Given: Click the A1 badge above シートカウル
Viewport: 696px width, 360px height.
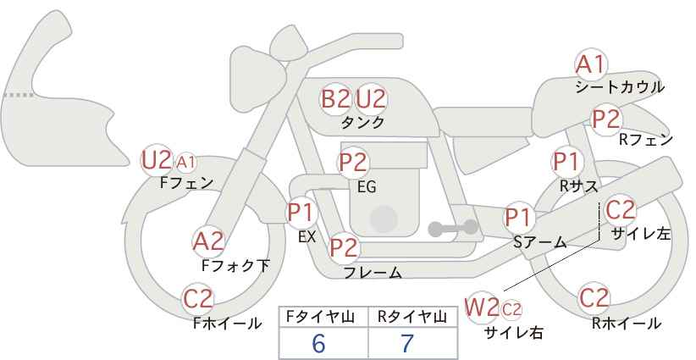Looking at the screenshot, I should (591, 64).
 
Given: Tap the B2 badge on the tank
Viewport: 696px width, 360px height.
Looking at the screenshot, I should (335, 99).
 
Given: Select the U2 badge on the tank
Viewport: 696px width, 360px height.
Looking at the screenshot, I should (371, 99).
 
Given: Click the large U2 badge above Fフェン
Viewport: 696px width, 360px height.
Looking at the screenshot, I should (157, 159).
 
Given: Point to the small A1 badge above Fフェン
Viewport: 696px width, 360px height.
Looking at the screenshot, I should (186, 161).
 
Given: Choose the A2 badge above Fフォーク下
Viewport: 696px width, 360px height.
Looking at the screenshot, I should (208, 241).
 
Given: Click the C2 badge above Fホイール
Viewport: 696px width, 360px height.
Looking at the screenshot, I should (199, 299).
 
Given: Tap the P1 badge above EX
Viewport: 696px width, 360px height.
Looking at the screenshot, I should (301, 211).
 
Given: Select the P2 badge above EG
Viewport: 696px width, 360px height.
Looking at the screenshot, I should (353, 162).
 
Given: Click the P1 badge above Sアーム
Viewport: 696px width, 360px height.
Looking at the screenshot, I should (518, 217).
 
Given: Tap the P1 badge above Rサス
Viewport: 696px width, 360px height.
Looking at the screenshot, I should (566, 160).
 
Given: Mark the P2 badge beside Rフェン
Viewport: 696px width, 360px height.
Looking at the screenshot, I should (606, 119).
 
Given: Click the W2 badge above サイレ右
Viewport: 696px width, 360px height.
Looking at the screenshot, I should (483, 307).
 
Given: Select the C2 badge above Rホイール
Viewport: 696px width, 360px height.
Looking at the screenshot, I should (594, 298).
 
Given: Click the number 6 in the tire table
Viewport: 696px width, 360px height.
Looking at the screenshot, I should (318, 343).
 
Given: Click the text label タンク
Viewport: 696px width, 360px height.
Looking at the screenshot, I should (362, 123).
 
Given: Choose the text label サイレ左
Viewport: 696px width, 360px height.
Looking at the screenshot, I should (641, 234).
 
